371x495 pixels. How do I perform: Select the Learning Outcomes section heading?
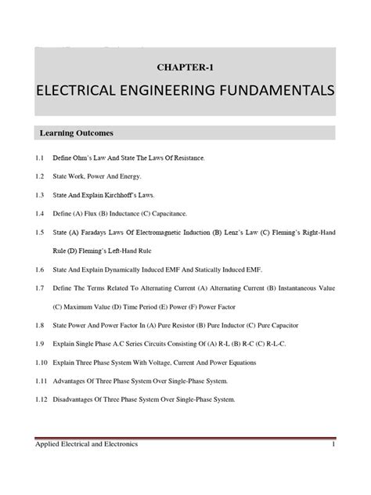[82, 132]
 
